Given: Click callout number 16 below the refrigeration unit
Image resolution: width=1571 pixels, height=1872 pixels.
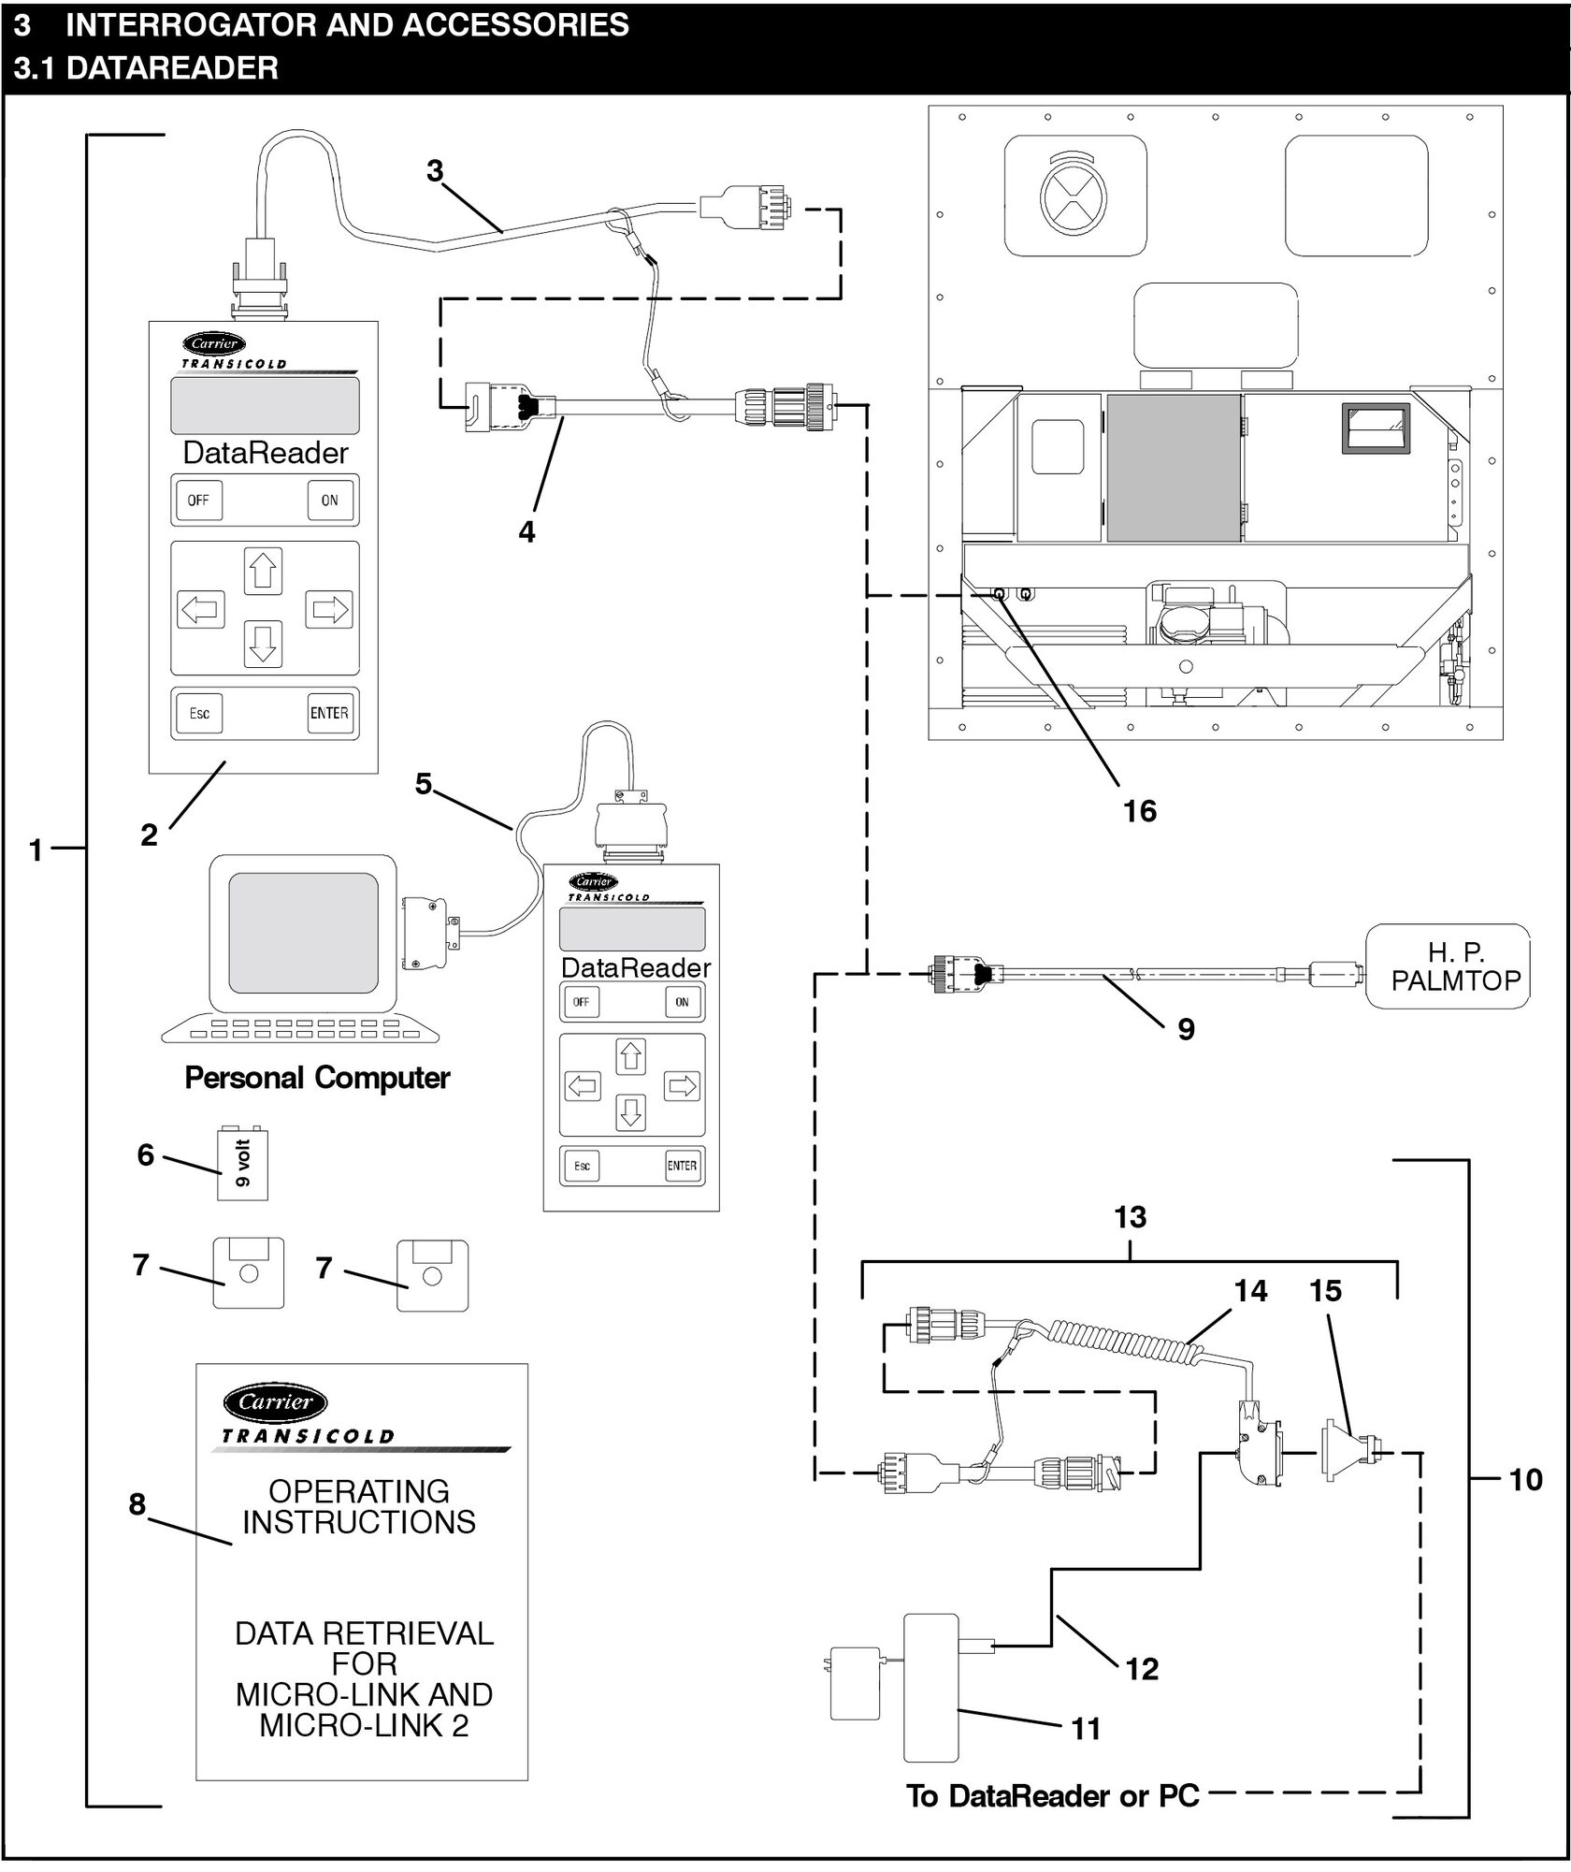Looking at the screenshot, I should click(1139, 811).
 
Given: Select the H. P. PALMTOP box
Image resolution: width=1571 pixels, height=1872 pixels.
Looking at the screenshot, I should click(1448, 966).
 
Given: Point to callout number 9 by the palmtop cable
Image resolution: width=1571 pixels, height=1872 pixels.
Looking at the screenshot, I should click(1186, 1029).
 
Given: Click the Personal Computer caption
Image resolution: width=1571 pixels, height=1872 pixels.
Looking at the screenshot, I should click(317, 1078).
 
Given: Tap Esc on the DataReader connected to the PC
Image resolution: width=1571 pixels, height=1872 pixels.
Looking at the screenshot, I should click(582, 1166).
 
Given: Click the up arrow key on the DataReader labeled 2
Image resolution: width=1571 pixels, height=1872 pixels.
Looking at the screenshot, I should click(263, 571).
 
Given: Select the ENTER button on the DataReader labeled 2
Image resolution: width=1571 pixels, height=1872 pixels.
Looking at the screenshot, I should click(329, 713).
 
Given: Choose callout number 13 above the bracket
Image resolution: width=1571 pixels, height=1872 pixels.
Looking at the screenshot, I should click(1130, 1217).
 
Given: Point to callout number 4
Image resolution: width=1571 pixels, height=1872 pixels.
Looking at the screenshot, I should click(526, 531).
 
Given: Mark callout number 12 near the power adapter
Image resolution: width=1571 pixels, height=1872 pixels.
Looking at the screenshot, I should click(1142, 1668).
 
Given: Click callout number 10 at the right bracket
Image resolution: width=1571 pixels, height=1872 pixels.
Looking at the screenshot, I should click(1525, 1479).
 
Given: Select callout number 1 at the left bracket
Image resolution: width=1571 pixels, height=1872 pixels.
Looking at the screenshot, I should click(36, 849).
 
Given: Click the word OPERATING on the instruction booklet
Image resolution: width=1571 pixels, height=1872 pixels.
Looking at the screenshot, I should click(359, 1490).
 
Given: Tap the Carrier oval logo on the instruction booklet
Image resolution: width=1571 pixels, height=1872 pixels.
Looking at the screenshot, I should click(275, 1401).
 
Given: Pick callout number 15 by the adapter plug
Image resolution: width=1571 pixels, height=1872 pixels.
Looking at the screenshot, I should click(1325, 1291).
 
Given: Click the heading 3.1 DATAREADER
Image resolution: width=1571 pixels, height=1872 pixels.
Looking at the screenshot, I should click(146, 68).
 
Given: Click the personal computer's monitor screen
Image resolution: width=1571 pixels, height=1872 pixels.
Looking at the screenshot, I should click(303, 933).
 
